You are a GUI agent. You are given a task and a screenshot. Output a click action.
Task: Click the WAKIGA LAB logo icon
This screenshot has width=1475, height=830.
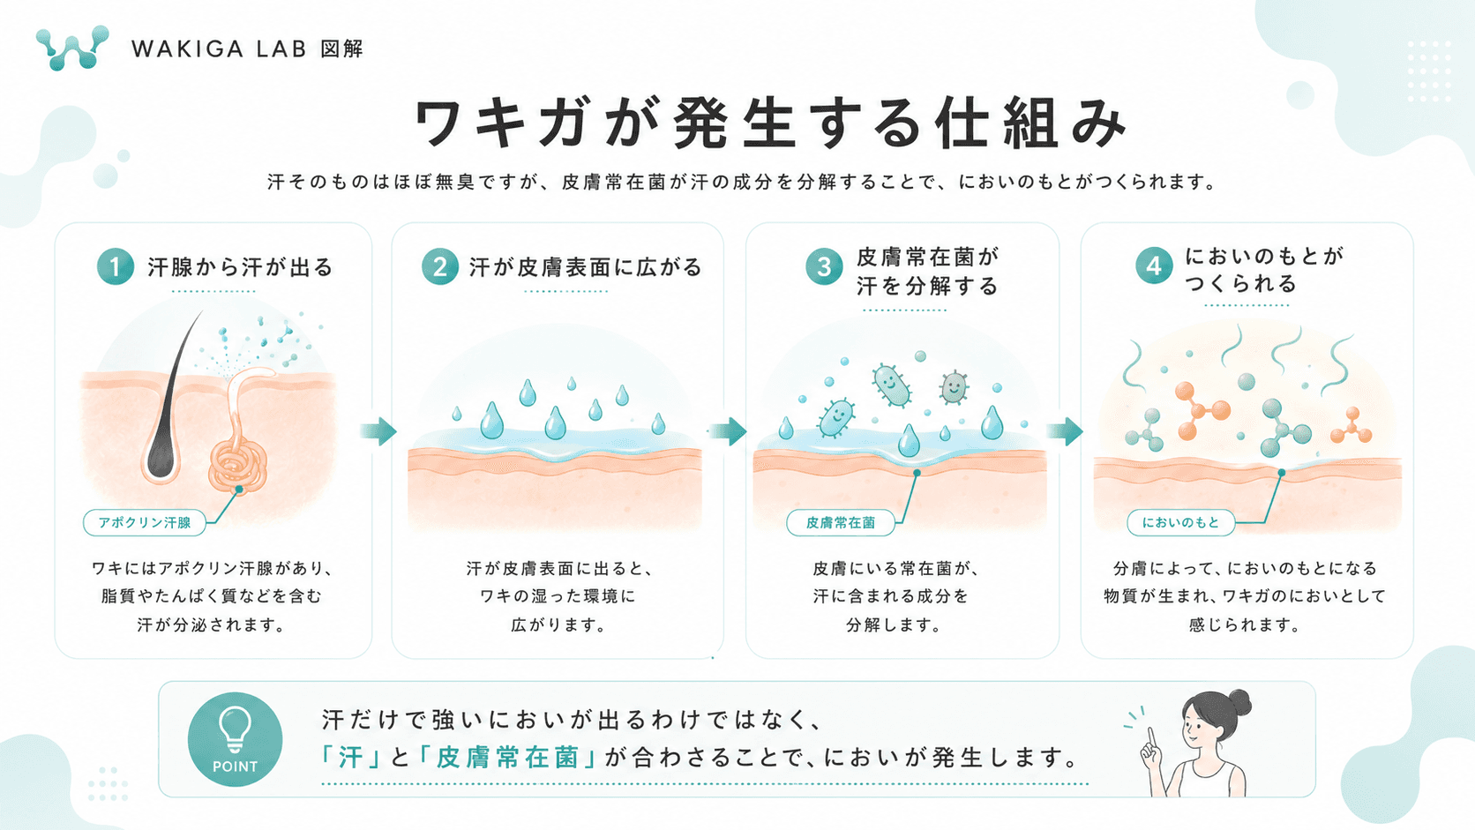[x=72, y=48]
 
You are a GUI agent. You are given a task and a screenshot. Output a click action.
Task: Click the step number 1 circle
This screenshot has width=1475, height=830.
[x=116, y=266]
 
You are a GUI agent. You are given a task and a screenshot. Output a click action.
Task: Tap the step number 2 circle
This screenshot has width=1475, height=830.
[x=440, y=266]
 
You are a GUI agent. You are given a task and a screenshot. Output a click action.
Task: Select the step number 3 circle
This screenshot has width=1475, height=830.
[x=824, y=266]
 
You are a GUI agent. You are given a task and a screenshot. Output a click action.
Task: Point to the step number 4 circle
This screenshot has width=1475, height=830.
[x=1154, y=265]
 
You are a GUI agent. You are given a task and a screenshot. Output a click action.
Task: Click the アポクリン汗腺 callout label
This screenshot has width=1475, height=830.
[x=144, y=523]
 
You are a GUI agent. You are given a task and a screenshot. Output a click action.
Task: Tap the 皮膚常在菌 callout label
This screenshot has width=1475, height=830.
[x=840, y=523]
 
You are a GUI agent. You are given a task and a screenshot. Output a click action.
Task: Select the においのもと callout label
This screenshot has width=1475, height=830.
[x=1180, y=523]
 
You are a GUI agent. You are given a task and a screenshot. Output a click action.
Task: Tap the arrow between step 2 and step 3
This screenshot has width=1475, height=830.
[x=729, y=432]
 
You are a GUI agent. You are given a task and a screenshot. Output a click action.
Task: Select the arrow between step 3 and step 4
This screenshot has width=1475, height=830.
[x=1065, y=432]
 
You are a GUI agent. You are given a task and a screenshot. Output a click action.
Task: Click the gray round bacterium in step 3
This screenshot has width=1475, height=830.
[x=954, y=388]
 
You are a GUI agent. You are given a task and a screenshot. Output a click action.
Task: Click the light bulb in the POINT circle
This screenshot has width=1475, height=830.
[x=235, y=729]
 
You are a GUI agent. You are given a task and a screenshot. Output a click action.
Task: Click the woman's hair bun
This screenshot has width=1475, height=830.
[x=1239, y=701]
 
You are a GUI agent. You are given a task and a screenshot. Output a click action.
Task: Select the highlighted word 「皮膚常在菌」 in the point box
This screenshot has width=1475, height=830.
[x=507, y=758]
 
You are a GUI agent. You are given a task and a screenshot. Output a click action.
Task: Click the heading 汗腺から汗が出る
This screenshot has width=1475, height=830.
[x=240, y=267]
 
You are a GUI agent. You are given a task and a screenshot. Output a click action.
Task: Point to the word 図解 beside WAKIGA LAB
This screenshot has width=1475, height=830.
[x=341, y=49]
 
